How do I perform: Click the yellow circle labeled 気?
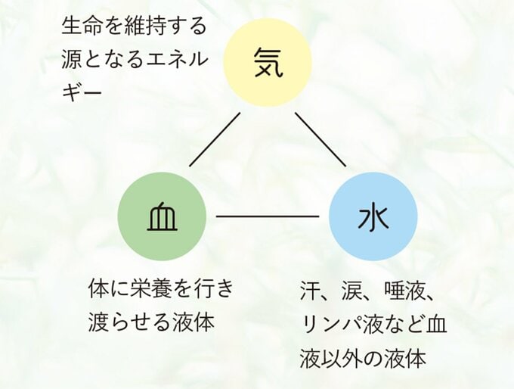(267, 62)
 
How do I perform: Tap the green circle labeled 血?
(162, 216)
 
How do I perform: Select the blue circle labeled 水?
(373, 216)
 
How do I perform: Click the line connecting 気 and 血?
(215, 139)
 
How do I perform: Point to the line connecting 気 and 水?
(320, 139)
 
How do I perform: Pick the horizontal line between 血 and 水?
(268, 216)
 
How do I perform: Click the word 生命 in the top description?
(76, 26)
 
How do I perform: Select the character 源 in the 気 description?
(70, 60)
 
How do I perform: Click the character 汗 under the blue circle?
(309, 291)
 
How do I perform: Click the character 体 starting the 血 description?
(97, 289)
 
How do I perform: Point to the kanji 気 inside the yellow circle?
(268, 63)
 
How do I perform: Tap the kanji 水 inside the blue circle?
(373, 217)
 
